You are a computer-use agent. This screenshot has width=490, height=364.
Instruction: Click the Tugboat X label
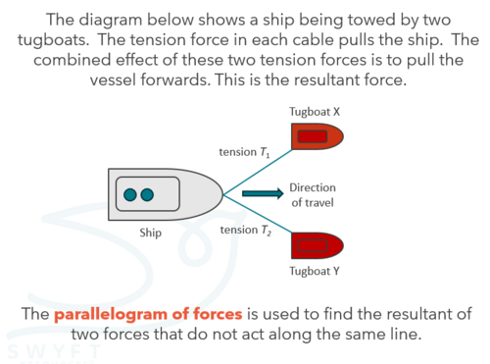[x=315, y=112]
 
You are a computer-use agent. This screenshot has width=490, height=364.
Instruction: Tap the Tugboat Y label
[x=315, y=271]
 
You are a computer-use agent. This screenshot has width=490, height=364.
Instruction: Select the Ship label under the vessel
[x=150, y=233]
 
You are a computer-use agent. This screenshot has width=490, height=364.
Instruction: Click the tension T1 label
[x=244, y=152]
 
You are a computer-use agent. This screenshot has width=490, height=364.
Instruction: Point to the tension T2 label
[x=246, y=231]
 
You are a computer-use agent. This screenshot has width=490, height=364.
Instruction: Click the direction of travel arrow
[x=263, y=193]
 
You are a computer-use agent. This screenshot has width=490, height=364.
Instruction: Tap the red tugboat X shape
[x=318, y=136]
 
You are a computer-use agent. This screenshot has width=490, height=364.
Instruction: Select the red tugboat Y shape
[x=318, y=245]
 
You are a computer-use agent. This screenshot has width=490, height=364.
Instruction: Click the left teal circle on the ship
[x=130, y=194]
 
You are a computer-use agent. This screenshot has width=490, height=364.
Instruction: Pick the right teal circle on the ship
[x=147, y=194]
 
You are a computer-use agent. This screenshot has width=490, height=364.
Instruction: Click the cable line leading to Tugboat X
[x=258, y=172]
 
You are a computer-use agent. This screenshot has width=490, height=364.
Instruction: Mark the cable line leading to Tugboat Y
[x=258, y=214]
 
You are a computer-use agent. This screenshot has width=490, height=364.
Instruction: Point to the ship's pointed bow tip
[x=223, y=194]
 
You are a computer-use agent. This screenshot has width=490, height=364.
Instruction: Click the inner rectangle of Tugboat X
[x=313, y=136]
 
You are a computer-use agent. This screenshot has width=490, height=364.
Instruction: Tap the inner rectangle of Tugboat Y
[x=313, y=245]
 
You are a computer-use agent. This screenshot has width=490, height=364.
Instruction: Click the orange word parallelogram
[x=111, y=315]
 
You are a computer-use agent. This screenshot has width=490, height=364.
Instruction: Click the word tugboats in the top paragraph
[x=53, y=40]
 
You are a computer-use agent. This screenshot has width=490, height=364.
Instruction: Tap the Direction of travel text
[x=313, y=195]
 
